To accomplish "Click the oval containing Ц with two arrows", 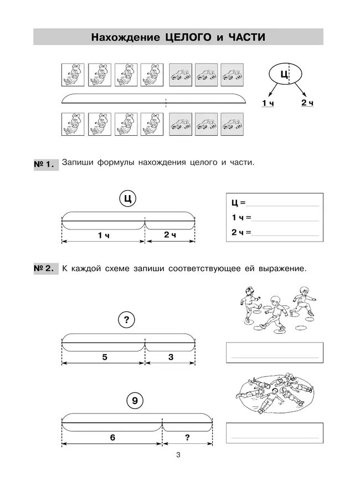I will tap(284, 73).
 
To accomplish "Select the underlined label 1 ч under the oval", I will tap(268, 104).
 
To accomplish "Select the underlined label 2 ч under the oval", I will tap(307, 104).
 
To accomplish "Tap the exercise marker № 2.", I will tap(45, 269).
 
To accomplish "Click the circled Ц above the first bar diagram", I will tap(128, 198).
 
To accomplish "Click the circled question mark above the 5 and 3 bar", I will tap(128, 319).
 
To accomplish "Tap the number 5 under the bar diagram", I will tap(105, 357).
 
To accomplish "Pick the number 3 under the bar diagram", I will tap(171, 357).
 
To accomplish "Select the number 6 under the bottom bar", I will tap(112, 438).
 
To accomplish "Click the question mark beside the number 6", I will tap(188, 438).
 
